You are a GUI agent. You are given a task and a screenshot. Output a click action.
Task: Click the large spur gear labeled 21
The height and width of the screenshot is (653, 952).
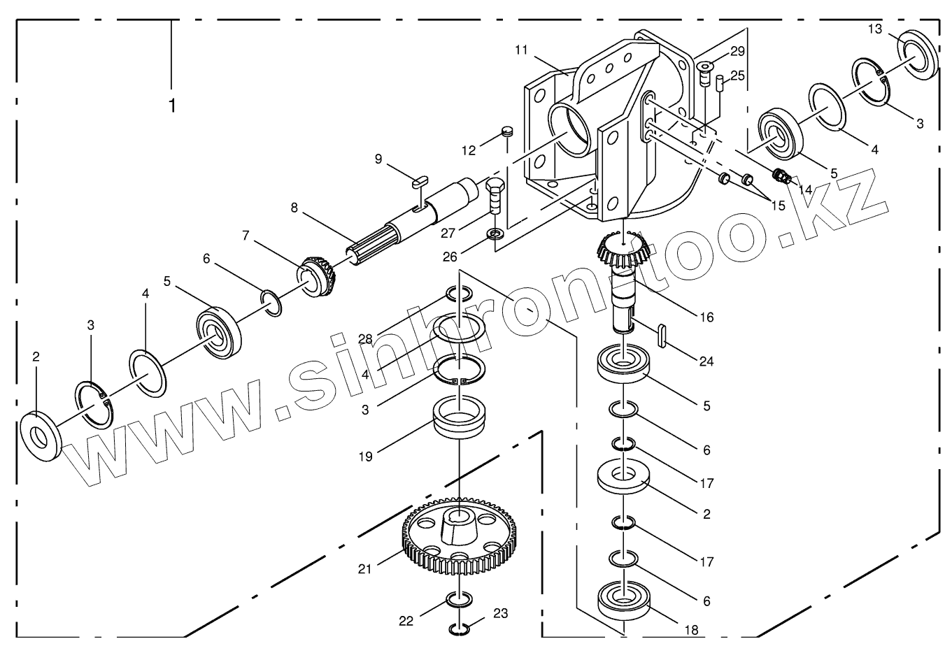point(459,535)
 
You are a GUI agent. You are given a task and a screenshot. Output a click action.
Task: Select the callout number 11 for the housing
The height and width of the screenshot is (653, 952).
point(520,50)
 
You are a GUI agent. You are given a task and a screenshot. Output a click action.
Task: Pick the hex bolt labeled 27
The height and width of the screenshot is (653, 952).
point(493,196)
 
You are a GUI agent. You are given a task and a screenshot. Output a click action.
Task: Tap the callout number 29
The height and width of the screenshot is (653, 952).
point(737,51)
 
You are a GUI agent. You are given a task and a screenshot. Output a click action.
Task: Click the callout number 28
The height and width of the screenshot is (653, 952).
point(364,339)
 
